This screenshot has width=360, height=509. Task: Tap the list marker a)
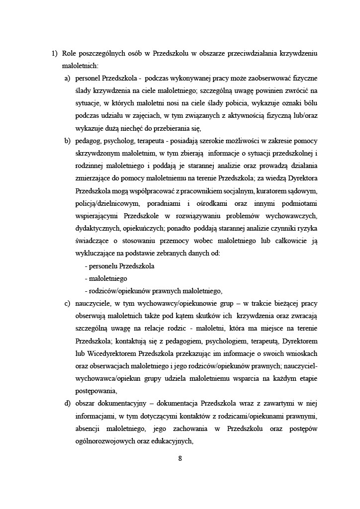67,79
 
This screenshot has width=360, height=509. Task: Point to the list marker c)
67,303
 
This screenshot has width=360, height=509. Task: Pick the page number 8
180,458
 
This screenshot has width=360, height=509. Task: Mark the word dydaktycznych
100,229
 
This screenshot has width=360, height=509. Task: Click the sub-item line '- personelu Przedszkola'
119,266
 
